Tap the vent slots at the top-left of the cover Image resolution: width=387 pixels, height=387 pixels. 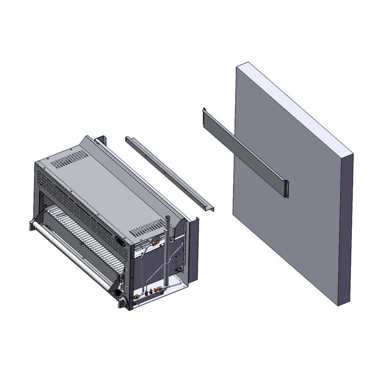click(70, 159)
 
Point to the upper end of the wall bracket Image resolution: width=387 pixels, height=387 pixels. click(204, 111)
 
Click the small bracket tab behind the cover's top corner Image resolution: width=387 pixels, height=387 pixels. click(102, 140)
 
